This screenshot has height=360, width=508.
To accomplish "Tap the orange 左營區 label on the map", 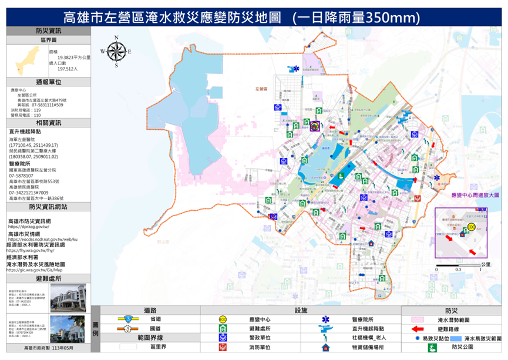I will tap(261, 89).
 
